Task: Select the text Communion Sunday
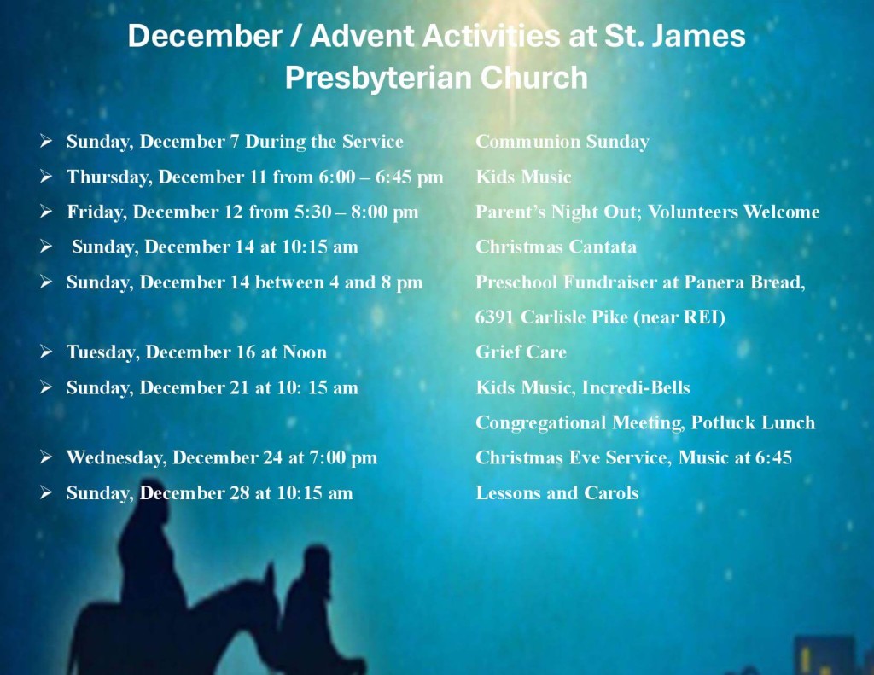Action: pyautogui.click(x=562, y=142)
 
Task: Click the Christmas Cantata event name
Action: pyautogui.click(x=556, y=247)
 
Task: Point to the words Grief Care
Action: pyautogui.click(x=521, y=352)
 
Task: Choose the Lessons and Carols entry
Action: pyautogui.click(x=556, y=492)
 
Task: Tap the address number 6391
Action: pyautogui.click(x=494, y=317)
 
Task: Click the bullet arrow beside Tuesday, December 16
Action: pyautogui.click(x=46, y=352)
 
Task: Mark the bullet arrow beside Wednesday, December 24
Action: pyautogui.click(x=46, y=457)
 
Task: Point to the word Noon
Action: pyautogui.click(x=305, y=352)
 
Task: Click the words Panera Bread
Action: pyautogui.click(x=744, y=282)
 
